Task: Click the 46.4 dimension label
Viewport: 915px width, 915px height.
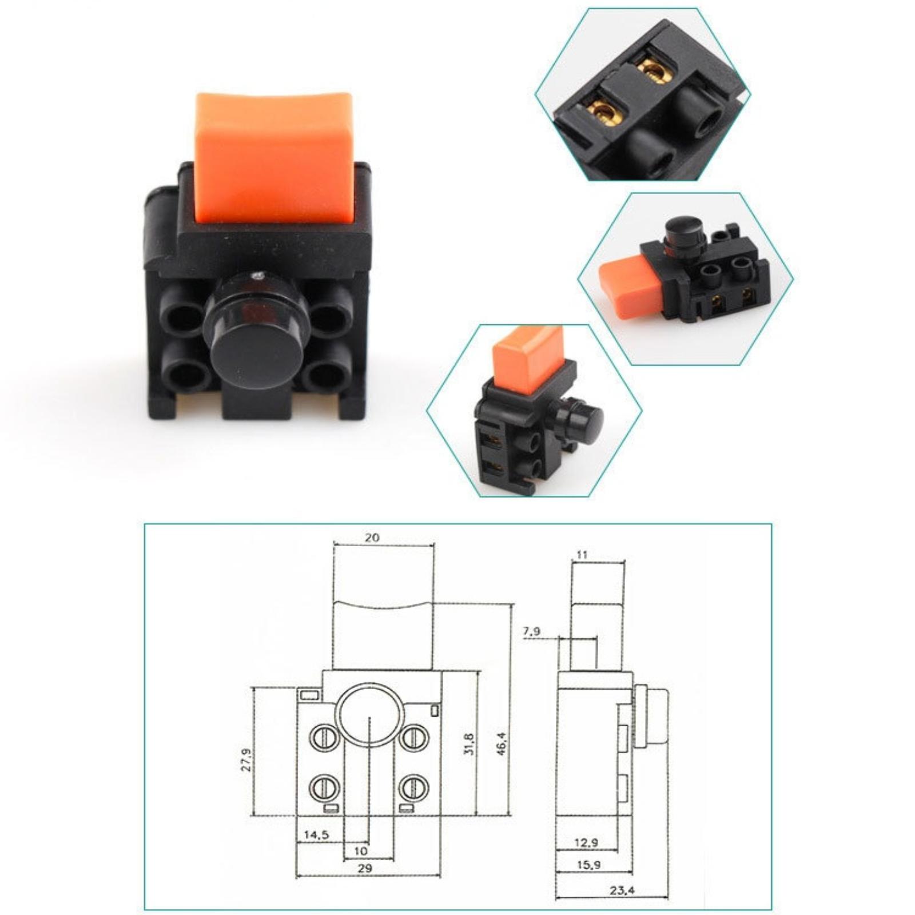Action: pos(502,743)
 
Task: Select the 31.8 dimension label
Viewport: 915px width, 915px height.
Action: pos(469,743)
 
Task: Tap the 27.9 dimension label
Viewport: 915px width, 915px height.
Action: pos(245,760)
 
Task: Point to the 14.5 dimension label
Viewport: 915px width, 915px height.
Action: pos(316,835)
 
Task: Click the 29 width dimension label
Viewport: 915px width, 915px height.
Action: pos(365,868)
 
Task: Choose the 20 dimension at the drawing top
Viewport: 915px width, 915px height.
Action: pos(372,538)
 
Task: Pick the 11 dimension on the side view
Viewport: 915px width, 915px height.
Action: pos(582,554)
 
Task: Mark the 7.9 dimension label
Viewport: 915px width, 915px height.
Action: pos(531,632)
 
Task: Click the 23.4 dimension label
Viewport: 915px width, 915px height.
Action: pos(622,890)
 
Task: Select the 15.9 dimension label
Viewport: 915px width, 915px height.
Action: pos(588,865)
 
